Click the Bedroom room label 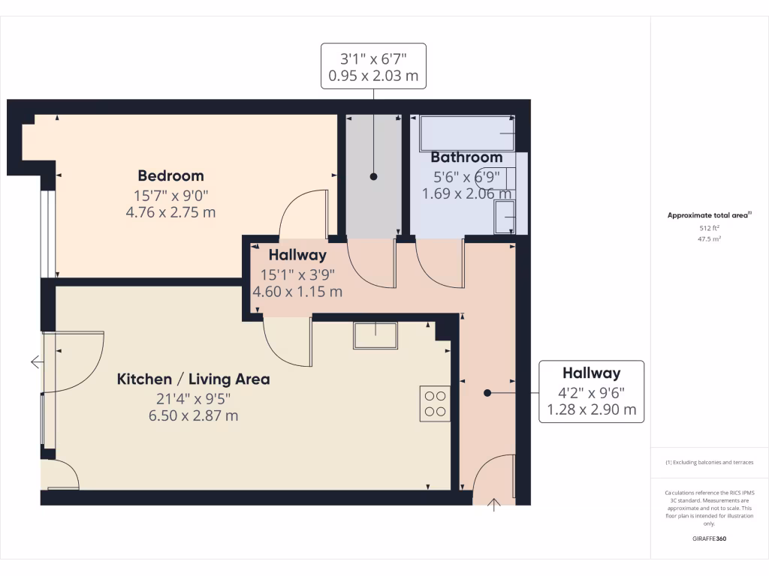point(170,176)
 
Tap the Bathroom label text point(466,157)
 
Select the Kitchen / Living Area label point(193,379)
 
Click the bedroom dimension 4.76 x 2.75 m point(170,212)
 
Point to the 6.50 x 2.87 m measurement point(193,415)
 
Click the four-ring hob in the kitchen point(435,403)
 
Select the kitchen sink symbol point(375,335)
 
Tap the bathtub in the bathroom point(466,133)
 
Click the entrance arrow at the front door point(494,504)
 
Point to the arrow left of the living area point(36,362)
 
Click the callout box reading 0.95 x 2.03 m point(373,66)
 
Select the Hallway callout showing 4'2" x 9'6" point(592,391)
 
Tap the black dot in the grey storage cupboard point(373,177)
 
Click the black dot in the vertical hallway point(487,392)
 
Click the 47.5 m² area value point(710,239)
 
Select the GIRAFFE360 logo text point(710,538)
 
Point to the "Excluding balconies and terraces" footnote point(710,463)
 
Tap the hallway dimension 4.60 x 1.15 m point(298,292)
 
